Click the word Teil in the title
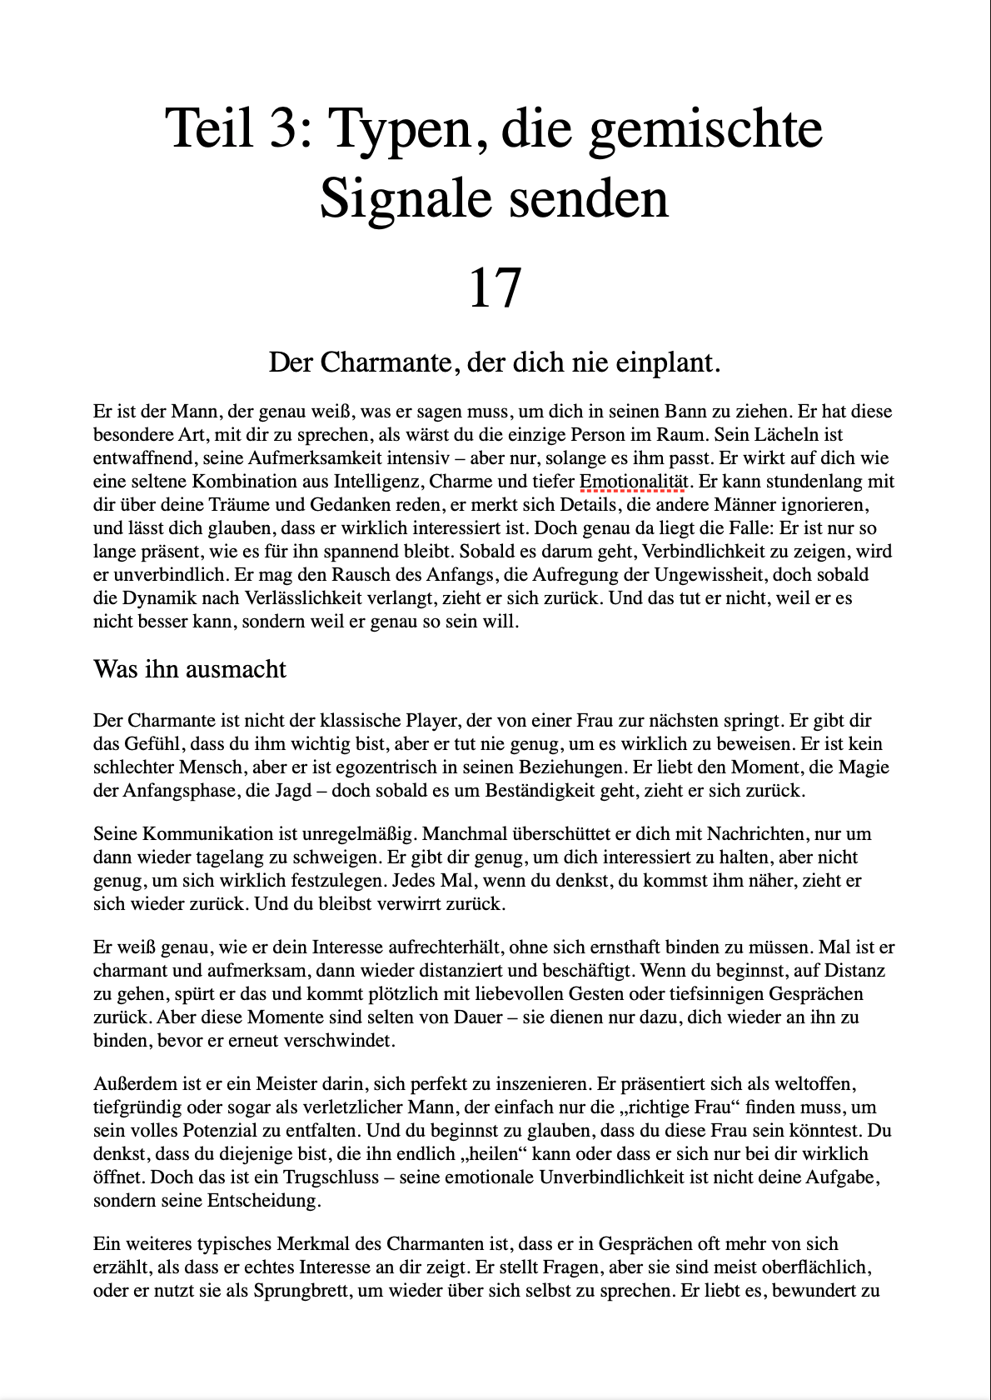[x=209, y=128]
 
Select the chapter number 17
[x=495, y=287]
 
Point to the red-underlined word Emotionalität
[x=634, y=481]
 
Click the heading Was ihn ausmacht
[x=190, y=669]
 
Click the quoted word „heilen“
[x=492, y=1153]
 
